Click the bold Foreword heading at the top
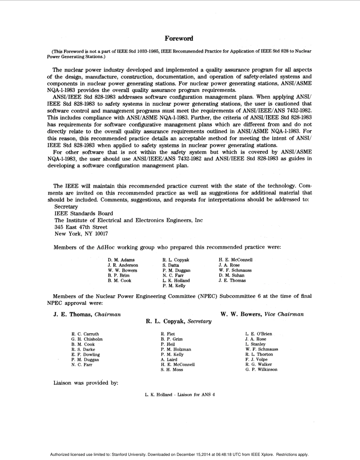179,39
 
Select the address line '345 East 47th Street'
81,227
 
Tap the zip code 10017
102,234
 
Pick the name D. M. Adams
121,260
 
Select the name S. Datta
171,265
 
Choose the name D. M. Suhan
232,275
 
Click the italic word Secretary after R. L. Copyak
199,321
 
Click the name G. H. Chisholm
87,339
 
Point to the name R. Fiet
168,334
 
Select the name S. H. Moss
172,370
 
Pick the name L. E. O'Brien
259,334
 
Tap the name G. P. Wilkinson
261,369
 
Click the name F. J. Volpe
257,360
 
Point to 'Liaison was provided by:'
86,383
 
